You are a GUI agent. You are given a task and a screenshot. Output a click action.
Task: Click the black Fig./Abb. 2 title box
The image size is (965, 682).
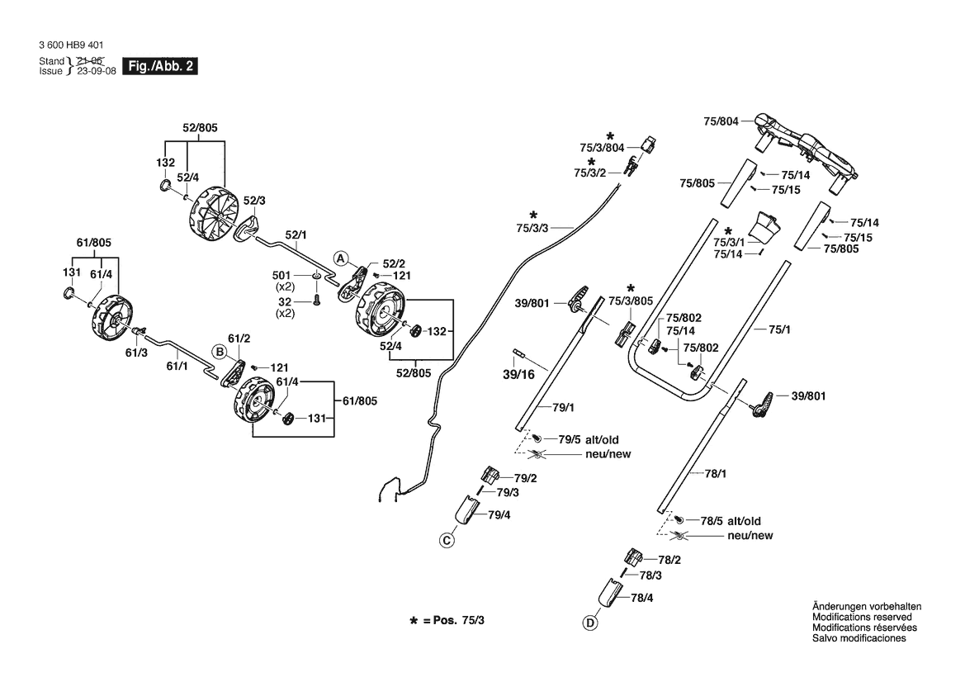point(160,67)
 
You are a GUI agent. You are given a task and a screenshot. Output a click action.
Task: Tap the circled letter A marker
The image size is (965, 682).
point(341,258)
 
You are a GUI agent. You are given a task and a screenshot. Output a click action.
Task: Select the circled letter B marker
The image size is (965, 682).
point(219,352)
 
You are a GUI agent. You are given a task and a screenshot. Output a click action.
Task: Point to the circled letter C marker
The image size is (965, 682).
point(447,541)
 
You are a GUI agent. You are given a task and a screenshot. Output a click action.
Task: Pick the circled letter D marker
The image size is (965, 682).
point(589,623)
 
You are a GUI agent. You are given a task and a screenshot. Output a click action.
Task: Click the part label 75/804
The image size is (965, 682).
point(721,122)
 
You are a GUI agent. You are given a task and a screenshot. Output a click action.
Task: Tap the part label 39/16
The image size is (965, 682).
point(518,374)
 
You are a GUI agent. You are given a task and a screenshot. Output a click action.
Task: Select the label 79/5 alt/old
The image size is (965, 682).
point(589,440)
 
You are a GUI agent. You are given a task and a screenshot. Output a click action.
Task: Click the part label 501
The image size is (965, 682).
point(281,275)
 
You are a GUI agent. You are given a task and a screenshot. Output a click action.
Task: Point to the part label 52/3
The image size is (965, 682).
point(254,201)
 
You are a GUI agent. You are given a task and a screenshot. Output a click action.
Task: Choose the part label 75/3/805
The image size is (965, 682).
point(631,301)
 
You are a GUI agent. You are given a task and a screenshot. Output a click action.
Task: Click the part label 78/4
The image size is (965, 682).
point(642,598)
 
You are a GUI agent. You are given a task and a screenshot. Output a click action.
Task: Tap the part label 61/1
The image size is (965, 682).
point(177,367)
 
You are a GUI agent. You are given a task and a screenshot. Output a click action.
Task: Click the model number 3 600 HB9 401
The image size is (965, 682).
point(71,45)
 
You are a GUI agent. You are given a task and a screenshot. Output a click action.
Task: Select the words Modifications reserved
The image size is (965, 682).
point(862,618)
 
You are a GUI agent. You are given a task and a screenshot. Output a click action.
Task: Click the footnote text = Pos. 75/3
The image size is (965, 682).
point(453,620)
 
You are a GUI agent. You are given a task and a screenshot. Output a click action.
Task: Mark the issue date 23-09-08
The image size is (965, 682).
point(96,71)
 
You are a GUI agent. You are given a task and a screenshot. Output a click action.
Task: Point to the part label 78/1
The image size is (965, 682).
point(715,474)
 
